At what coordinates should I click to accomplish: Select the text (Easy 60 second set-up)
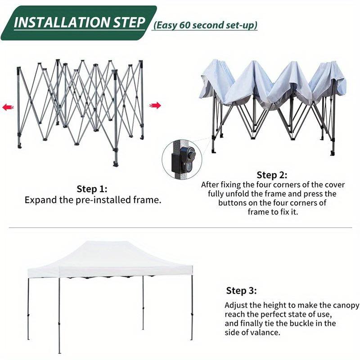click(x=206, y=25)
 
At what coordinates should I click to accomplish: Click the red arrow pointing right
click(x=155, y=106)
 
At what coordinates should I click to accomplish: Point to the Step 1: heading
click(x=92, y=189)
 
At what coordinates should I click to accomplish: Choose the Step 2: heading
click(x=272, y=175)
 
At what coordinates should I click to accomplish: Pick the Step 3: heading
click(x=241, y=290)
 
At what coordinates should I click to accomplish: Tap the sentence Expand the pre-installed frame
click(x=92, y=200)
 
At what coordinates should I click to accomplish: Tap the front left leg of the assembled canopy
click(x=59, y=315)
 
